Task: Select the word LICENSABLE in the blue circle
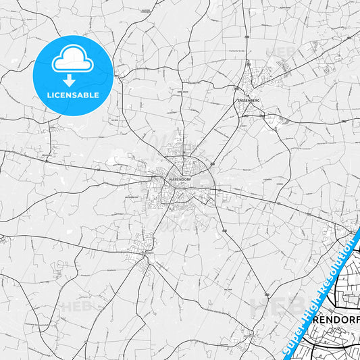point(72,95)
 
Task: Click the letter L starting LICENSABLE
point(48,95)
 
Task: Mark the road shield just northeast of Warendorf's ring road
point(211,164)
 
